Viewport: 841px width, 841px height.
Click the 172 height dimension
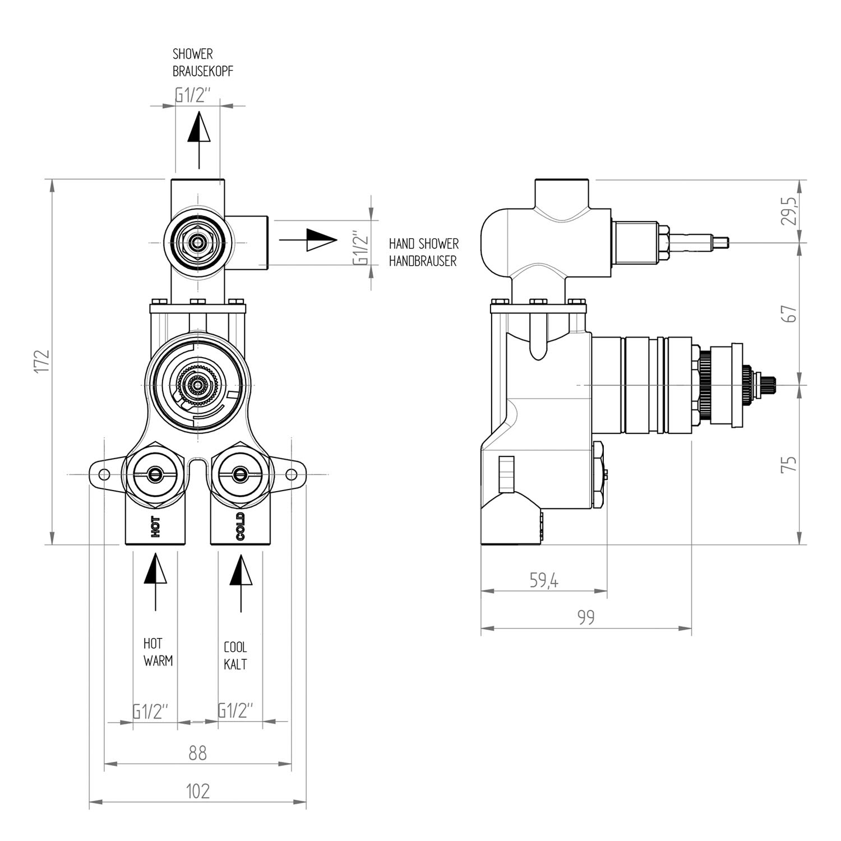[42, 362]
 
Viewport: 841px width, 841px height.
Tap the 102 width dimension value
[197, 791]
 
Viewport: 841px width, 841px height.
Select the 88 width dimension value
[197, 752]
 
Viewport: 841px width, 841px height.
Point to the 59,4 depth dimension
[544, 581]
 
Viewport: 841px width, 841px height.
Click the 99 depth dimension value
[585, 617]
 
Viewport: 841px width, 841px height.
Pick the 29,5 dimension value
[789, 211]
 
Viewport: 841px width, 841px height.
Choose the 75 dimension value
[789, 464]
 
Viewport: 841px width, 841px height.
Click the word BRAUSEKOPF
[203, 72]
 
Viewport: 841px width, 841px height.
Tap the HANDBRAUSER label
[423, 261]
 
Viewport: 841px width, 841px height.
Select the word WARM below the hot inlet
[158, 660]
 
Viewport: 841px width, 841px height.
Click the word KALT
[235, 664]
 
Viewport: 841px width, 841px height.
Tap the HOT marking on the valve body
[155, 527]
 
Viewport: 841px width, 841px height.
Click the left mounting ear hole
[104, 475]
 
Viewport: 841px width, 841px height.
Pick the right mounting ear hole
[292, 475]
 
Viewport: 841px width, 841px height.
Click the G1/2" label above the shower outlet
[193, 95]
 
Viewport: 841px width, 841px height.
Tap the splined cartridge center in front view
[197, 386]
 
